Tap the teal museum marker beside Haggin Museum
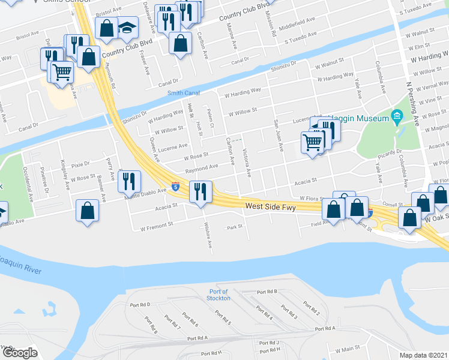click(x=396, y=116)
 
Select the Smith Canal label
click(x=184, y=92)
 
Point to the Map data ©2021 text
click(x=423, y=355)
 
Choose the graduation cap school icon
click(x=127, y=27)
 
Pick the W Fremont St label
click(x=156, y=227)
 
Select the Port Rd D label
click(x=140, y=305)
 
